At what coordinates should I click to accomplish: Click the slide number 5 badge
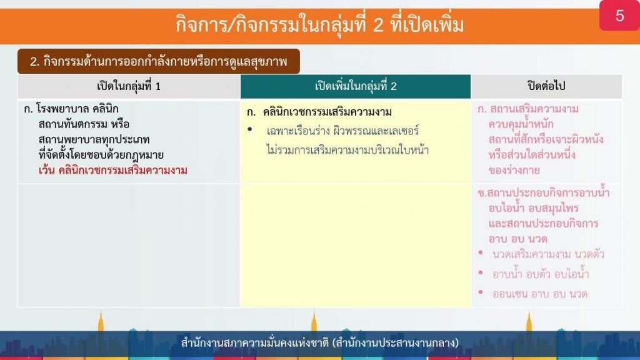click(x=619, y=16)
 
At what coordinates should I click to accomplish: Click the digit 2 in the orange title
click(x=378, y=24)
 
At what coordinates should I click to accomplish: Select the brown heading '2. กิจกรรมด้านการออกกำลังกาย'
click(x=158, y=62)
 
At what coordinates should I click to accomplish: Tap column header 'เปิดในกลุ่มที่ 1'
click(x=129, y=86)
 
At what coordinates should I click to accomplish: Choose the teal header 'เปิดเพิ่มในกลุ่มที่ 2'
click(x=356, y=86)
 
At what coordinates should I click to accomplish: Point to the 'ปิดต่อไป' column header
click(x=546, y=86)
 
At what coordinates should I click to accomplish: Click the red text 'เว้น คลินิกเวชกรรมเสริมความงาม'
click(x=112, y=170)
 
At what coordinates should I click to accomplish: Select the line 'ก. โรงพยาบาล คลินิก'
click(x=71, y=109)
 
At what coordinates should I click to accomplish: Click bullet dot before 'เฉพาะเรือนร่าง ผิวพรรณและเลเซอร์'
click(x=250, y=130)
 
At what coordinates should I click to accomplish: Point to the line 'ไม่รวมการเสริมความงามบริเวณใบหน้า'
click(x=347, y=150)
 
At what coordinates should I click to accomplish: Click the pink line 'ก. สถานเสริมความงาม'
click(x=527, y=109)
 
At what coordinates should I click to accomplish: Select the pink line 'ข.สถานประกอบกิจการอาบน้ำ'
click(x=543, y=192)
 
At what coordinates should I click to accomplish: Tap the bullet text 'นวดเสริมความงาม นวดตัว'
click(x=548, y=255)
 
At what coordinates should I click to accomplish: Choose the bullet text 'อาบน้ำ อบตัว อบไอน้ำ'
click(x=541, y=274)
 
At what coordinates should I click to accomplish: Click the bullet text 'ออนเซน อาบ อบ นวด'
click(x=539, y=294)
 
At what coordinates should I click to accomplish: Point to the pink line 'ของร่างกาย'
click(x=514, y=170)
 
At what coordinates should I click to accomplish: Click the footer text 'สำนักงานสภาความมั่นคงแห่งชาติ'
click(x=255, y=342)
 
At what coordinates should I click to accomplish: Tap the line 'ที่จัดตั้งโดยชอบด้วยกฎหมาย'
click(x=101, y=155)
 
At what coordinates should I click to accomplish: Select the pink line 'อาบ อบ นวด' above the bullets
click(x=517, y=239)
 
